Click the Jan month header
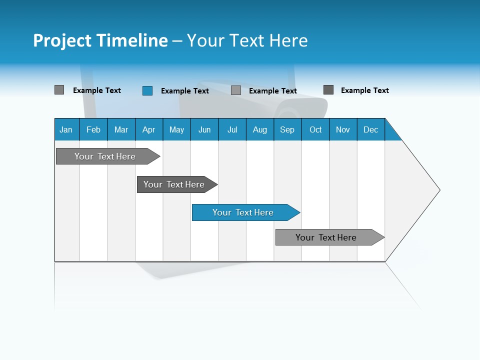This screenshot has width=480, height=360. [66, 129]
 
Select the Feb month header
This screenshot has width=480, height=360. [93, 129]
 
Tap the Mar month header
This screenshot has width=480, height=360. [121, 129]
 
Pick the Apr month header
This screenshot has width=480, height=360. [149, 129]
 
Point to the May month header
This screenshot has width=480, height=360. [176, 129]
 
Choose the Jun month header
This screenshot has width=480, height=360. [204, 129]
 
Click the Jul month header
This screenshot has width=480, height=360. [232, 129]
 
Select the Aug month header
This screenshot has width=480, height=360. [260, 129]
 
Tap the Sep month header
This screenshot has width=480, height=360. [287, 129]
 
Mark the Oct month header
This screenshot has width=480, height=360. [315, 129]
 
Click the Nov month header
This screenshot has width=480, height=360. [343, 129]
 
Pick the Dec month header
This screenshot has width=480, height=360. [371, 129]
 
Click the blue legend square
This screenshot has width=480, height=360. [147, 90]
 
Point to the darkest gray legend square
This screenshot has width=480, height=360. [328, 90]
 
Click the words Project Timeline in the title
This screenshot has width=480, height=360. [100, 40]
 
